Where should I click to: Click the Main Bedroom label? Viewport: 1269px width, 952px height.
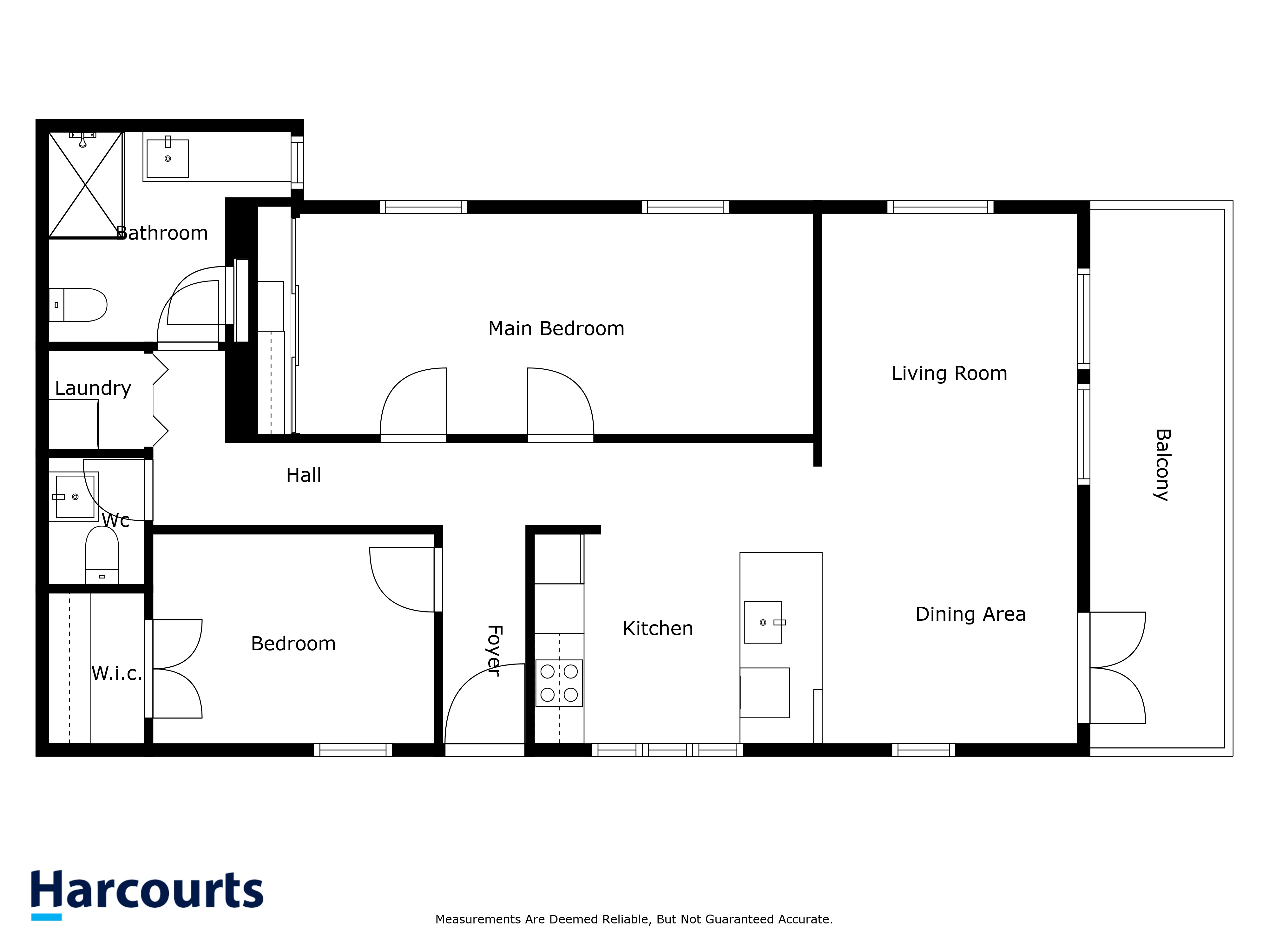pyautogui.click(x=556, y=329)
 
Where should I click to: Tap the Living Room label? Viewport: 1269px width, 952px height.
pyautogui.click(x=949, y=374)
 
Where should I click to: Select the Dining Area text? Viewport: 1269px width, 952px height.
pyautogui.click(x=970, y=614)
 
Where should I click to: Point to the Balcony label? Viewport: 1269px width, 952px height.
pyautogui.click(x=1162, y=465)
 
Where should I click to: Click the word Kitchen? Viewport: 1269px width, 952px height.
pyautogui.click(x=657, y=628)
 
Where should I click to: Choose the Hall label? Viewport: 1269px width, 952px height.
pyautogui.click(x=304, y=475)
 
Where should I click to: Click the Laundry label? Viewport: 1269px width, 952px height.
pyautogui.click(x=93, y=388)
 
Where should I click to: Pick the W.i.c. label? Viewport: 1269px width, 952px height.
pyautogui.click(x=116, y=673)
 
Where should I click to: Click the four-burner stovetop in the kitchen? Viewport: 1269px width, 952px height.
pyautogui.click(x=559, y=683)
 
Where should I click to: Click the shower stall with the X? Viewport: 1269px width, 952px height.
pyautogui.click(x=85, y=185)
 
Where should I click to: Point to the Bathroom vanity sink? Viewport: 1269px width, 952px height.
pyautogui.click(x=168, y=158)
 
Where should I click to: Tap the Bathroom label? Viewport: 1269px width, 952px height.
pyautogui.click(x=162, y=233)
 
